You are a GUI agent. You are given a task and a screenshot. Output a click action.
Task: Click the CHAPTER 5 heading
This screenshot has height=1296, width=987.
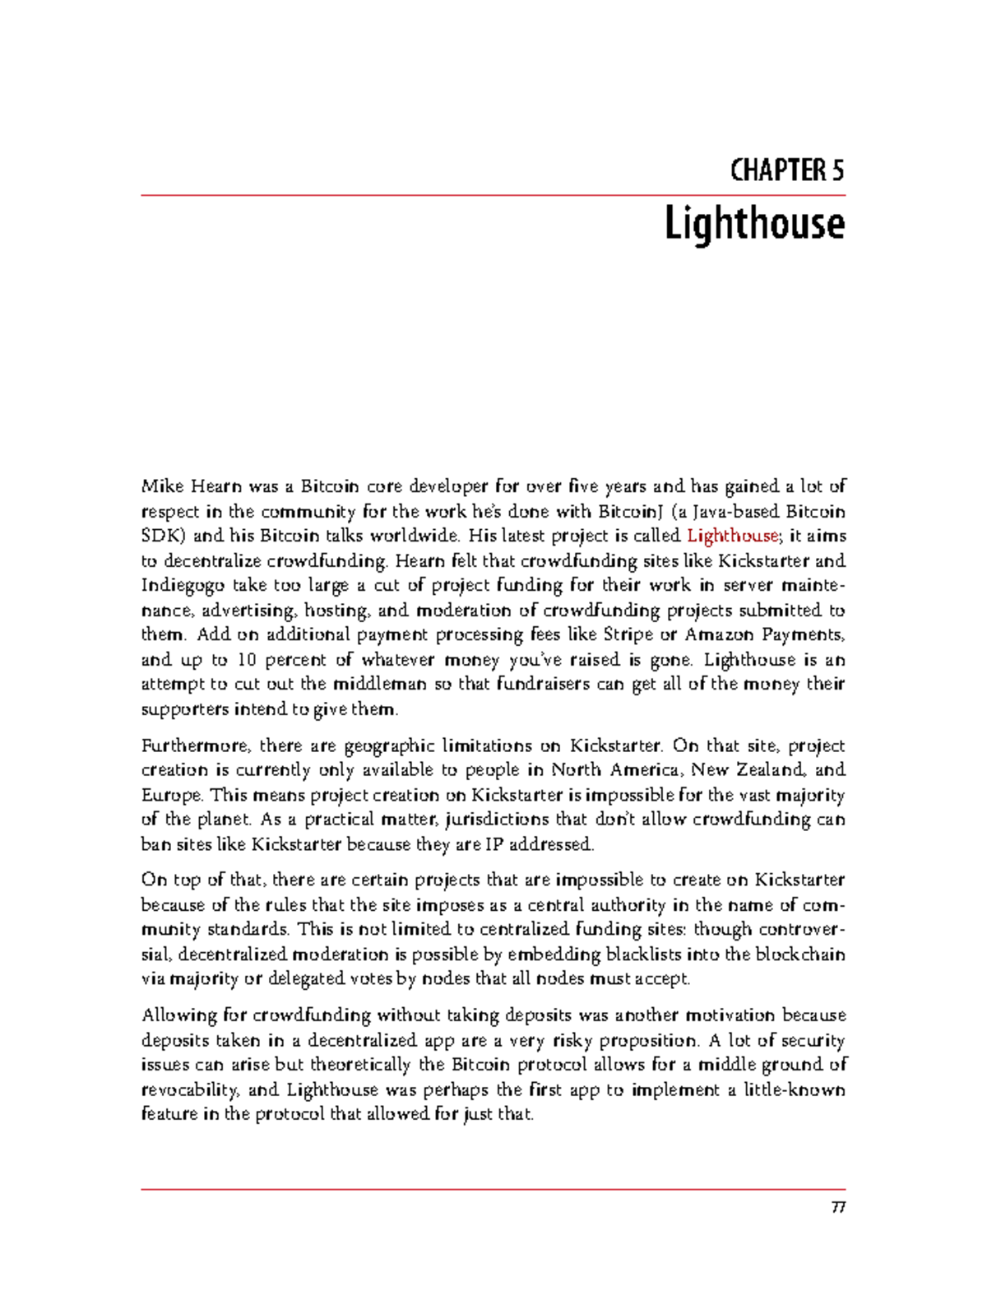(786, 170)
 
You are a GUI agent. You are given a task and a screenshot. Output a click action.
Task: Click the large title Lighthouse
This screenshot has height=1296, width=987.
(753, 224)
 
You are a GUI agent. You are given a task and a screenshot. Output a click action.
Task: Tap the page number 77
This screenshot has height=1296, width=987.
(837, 1208)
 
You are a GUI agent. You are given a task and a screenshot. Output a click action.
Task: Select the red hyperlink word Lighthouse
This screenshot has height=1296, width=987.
(731, 536)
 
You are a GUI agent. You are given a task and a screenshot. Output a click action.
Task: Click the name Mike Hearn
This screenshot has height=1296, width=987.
(188, 486)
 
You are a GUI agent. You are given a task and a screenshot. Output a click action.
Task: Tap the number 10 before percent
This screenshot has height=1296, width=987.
(246, 660)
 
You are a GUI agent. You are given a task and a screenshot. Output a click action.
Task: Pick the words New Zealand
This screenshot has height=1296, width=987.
(748, 770)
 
